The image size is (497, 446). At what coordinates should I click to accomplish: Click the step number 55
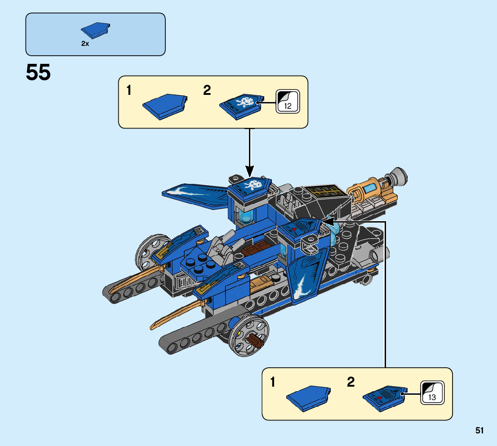pos(38,73)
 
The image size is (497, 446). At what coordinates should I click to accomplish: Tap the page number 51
pos(479,431)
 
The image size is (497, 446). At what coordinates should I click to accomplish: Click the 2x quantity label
pos(85,44)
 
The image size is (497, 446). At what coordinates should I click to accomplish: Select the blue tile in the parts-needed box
pos(96,30)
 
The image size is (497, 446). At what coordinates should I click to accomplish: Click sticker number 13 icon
pos(432,392)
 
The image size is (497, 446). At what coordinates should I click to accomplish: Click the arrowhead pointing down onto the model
pos(249,171)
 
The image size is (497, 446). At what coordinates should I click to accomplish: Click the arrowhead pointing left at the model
pos(328,222)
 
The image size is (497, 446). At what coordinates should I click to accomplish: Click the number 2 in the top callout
pos(207,90)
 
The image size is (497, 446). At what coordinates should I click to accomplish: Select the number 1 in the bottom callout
pos(273,383)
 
